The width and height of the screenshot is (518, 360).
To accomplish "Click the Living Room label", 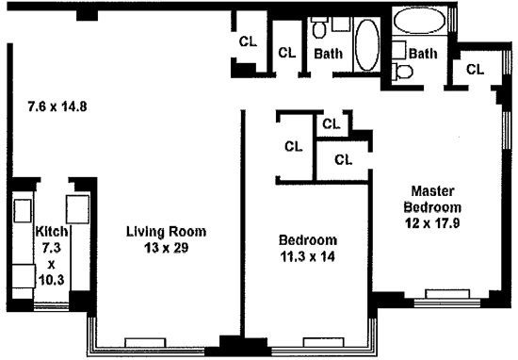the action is (x=166, y=232).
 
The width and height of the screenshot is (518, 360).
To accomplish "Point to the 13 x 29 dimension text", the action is (x=166, y=248).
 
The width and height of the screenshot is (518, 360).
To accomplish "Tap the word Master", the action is (x=432, y=191).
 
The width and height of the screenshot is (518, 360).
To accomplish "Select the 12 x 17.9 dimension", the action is (x=432, y=223).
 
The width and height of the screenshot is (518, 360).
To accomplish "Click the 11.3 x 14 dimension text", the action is (x=308, y=256).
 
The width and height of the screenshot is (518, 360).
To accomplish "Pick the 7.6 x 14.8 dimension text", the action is (x=57, y=106).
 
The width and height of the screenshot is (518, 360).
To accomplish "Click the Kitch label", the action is (x=52, y=232).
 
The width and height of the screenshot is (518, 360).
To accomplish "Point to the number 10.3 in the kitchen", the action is (x=52, y=280).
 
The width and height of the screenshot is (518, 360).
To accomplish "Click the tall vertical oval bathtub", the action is (x=367, y=45).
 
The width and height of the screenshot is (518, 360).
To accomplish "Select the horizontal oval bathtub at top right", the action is (x=419, y=20).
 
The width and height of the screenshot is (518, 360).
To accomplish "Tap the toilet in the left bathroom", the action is (x=319, y=27).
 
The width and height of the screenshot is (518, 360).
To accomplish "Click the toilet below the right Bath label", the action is (x=402, y=71).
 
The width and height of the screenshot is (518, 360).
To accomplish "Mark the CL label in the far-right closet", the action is (x=475, y=70).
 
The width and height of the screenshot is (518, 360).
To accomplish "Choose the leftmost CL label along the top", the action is (x=248, y=41).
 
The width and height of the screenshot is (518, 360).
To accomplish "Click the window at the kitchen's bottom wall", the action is (x=51, y=306).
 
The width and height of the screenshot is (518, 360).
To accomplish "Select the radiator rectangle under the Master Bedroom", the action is (x=447, y=294).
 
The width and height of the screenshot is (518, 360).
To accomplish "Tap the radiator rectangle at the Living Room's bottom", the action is (x=145, y=342).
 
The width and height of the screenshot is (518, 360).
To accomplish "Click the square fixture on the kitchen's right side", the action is (x=77, y=209).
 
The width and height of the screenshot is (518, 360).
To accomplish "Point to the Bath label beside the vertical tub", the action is (x=329, y=54).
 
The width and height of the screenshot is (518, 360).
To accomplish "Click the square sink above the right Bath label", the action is (x=398, y=50).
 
